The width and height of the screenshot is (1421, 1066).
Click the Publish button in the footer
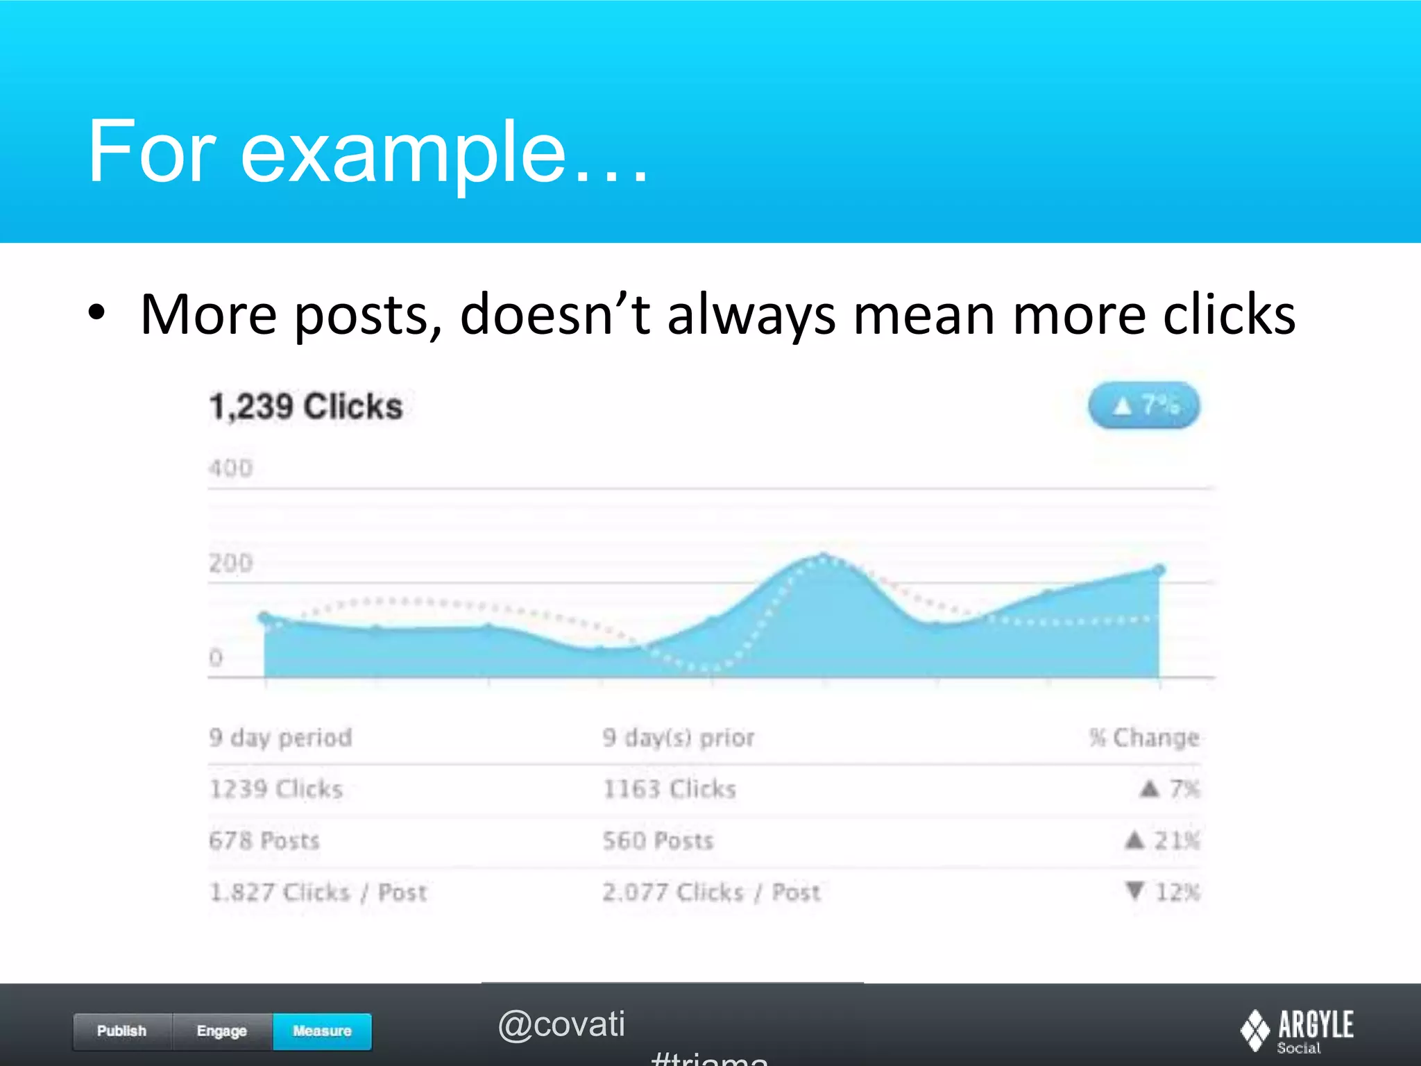[122, 1031]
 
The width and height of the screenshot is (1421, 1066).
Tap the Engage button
[222, 1031]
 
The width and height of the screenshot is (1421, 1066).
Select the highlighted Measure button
[322, 1031]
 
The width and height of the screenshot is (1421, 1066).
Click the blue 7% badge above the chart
[1143, 405]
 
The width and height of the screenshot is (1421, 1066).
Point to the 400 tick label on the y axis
[230, 468]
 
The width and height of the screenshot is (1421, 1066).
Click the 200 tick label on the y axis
[230, 563]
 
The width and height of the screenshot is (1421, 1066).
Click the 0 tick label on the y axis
[216, 657]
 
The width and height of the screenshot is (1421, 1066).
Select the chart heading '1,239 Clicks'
[306, 407]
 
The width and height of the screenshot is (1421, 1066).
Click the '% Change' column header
[1144, 737]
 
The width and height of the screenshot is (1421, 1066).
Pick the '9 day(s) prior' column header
[678, 737]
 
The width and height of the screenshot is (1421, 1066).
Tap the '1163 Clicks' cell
[669, 789]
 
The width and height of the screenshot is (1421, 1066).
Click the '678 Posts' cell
[264, 840]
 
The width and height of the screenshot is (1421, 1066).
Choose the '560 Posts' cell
[658, 840]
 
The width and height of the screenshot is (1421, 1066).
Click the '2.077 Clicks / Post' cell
[711, 892]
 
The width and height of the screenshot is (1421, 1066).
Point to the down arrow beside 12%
[1134, 890]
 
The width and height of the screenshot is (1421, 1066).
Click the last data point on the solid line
[1159, 570]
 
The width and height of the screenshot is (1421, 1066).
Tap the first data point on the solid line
[264, 616]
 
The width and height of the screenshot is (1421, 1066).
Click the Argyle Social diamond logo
[1255, 1030]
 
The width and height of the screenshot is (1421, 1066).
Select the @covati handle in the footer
[561, 1024]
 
